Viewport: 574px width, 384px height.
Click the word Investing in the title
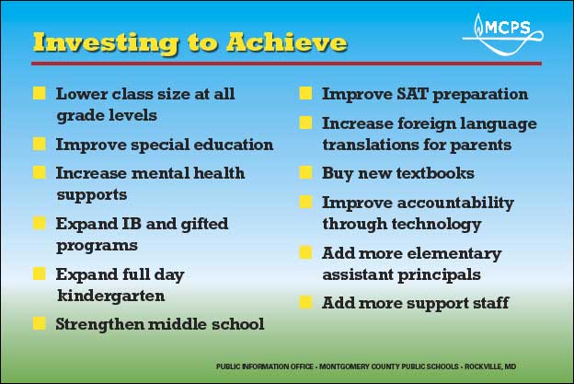[106, 43]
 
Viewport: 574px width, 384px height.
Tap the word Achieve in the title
[287, 42]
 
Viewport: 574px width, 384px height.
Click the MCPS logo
[502, 34]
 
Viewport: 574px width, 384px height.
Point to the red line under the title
[286, 64]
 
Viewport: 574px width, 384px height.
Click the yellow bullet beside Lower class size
[40, 93]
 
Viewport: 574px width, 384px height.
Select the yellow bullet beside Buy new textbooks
[305, 172]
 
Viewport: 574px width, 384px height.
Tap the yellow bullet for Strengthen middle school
[40, 323]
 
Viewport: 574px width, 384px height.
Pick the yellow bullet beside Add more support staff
[305, 302]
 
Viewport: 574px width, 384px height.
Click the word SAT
[412, 94]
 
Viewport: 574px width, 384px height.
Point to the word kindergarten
[111, 296]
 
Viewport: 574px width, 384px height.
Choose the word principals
[440, 274]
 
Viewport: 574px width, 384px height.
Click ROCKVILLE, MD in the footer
[490, 367]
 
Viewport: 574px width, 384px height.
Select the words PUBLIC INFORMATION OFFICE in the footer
[265, 367]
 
